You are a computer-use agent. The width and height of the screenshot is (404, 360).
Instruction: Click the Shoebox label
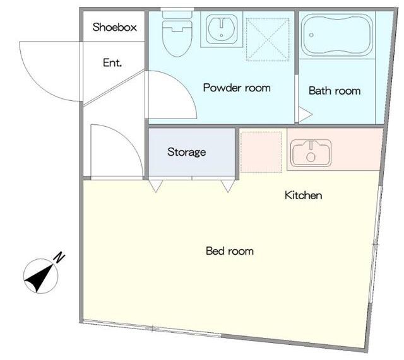coord(114,27)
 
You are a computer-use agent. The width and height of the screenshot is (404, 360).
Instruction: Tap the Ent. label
coord(112,62)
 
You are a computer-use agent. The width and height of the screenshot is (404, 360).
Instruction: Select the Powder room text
coord(237,88)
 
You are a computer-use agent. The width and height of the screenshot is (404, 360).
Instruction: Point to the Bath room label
coord(335,91)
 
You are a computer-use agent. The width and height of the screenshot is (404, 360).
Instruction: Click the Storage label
coord(187,152)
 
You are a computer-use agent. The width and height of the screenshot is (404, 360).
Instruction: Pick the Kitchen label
coord(303,195)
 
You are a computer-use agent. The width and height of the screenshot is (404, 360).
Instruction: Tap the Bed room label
coord(230,251)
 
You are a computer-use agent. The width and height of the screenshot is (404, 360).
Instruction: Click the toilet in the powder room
coord(177,34)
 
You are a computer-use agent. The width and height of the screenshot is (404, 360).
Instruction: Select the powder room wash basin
coord(222,29)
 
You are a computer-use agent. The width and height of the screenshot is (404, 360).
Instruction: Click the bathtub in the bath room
coord(337,35)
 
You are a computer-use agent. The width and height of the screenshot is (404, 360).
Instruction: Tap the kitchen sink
coord(311,153)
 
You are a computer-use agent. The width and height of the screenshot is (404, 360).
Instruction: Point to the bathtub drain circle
coord(311,35)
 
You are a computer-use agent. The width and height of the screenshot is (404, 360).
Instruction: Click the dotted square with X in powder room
coord(268,40)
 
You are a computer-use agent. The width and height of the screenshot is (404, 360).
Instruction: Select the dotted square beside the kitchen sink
coord(261,152)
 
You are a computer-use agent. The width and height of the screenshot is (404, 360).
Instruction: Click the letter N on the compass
coord(59,258)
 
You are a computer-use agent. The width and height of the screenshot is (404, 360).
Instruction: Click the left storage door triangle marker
coord(156,186)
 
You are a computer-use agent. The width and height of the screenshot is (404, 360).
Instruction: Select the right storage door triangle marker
coord(228,186)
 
